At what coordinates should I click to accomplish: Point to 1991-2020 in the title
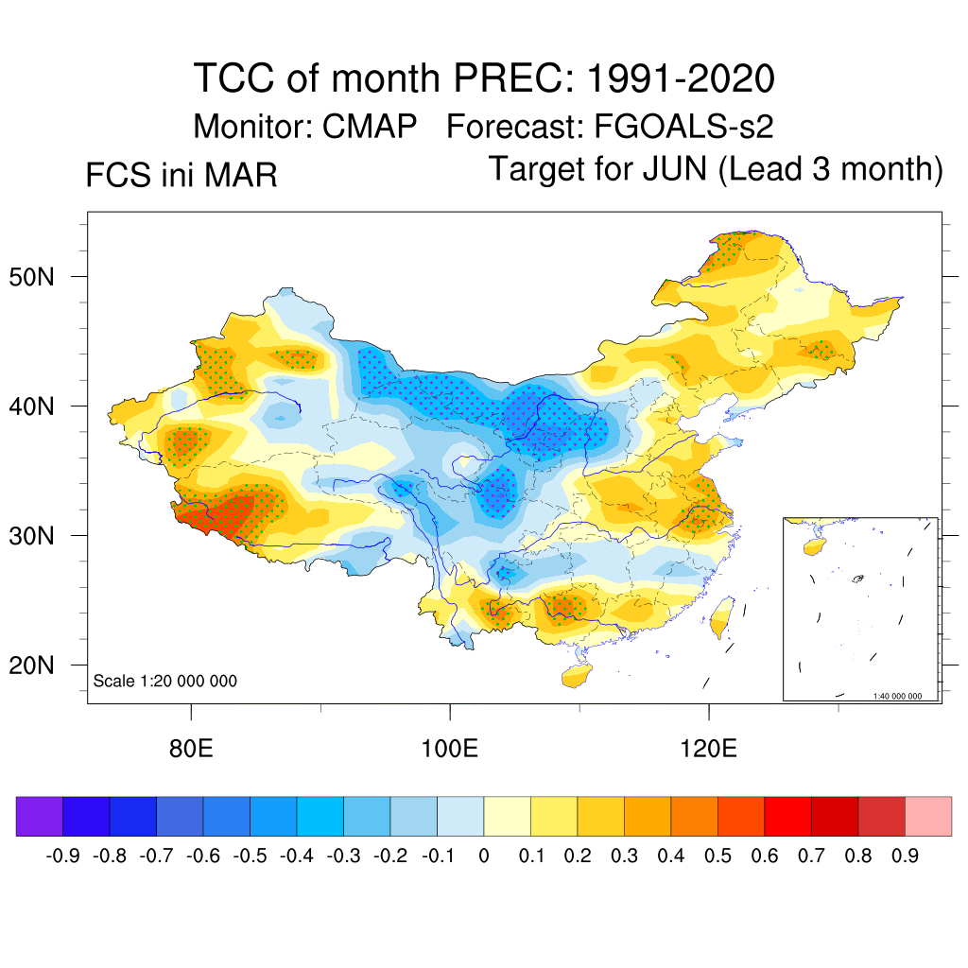681,78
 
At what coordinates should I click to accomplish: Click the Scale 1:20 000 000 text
165,681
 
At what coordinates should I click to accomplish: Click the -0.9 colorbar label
64,856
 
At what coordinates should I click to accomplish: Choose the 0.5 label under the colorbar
718,856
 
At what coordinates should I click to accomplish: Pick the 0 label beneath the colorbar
484,856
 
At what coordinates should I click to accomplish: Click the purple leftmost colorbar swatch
40,817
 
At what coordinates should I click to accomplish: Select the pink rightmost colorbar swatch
928,817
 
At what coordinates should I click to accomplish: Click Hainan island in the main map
575,676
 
